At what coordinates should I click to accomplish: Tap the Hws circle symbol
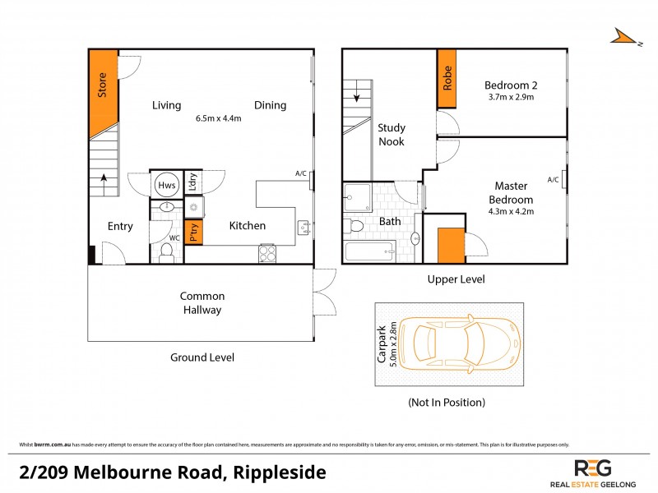coord(163,186)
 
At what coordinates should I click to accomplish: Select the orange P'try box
coord(194,231)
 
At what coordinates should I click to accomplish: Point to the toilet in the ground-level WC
coord(166,254)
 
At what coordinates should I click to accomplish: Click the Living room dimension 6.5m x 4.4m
coord(218,118)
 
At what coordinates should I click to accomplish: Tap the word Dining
coord(270,105)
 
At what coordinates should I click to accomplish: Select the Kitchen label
coord(247,226)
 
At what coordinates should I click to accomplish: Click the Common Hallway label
coord(202,302)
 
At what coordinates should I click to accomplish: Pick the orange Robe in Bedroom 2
coord(447,79)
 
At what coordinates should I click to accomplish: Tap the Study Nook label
coord(392,135)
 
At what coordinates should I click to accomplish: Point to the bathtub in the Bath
coord(371,252)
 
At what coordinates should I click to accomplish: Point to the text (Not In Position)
coord(446,403)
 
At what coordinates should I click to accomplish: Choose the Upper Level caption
coord(456,279)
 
